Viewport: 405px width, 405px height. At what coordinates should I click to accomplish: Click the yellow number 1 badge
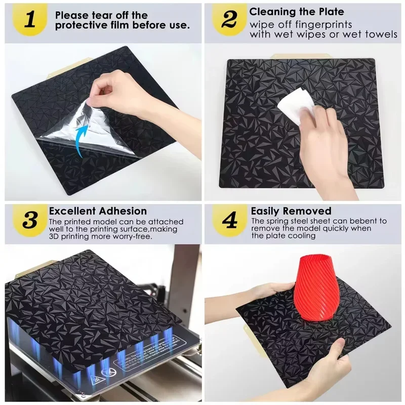[30, 20]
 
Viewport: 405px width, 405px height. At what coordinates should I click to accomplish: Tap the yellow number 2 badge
[229, 20]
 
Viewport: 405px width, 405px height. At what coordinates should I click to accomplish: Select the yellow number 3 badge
[30, 220]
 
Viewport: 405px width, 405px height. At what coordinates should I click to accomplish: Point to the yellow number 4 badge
[229, 220]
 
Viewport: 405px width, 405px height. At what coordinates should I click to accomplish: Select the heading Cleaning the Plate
[297, 12]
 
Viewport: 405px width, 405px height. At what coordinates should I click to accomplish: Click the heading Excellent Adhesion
[98, 211]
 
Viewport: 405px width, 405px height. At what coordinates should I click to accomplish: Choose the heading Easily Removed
[291, 211]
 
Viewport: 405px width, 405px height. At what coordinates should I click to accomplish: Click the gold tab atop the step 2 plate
[300, 57]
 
